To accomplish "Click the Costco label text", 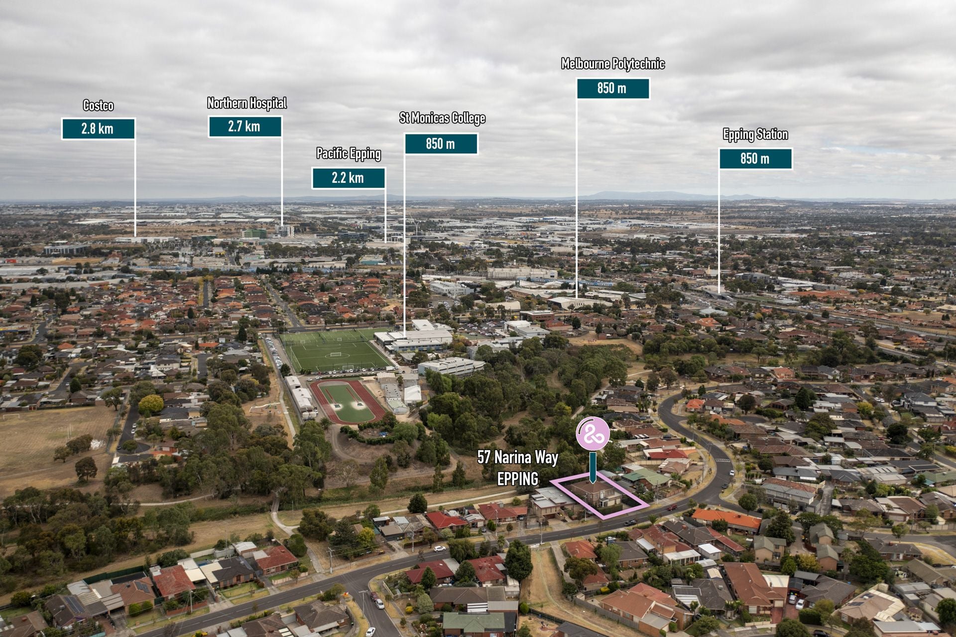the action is coord(98,106).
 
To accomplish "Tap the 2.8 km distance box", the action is coord(98,128).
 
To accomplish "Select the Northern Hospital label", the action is coord(247,103).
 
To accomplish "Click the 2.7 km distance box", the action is coord(244,127).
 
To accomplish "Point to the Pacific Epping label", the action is coord(349,154).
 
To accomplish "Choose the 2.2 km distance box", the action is coord(349,178).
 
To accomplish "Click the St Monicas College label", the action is coord(442,118).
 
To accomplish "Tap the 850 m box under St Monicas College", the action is coord(441,144).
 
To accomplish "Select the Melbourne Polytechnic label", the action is coord(613,64).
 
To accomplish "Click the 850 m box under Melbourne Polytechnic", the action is coord(613,88).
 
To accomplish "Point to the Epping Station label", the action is coord(755,134).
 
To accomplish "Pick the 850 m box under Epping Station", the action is coord(755,159).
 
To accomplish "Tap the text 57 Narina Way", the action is coord(518,457).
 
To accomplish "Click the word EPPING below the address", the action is coord(518,479).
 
